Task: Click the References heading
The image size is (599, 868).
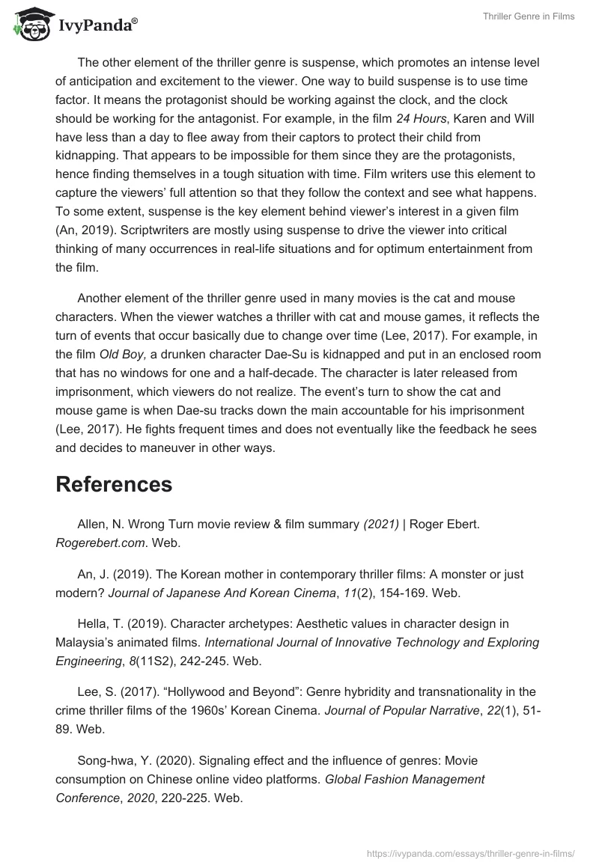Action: pyautogui.click(x=114, y=484)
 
